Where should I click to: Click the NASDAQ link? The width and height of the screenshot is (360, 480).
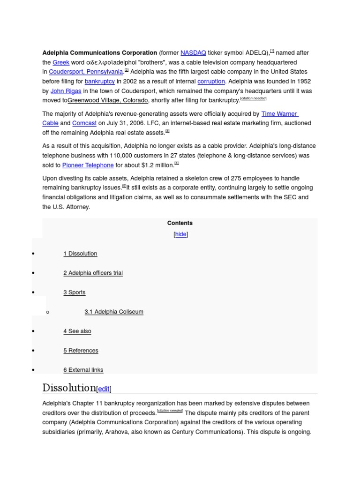pyautogui.click(x=193, y=53)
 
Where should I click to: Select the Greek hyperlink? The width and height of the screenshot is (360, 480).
pyautogui.click(x=61, y=62)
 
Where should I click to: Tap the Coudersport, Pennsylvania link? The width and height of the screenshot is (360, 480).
pyautogui.click(x=86, y=72)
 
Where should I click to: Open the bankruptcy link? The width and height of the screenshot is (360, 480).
pyautogui.click(x=99, y=82)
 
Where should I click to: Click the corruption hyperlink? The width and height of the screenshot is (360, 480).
pyautogui.click(x=211, y=82)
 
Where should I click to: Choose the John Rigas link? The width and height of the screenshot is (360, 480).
pyautogui.click(x=66, y=91)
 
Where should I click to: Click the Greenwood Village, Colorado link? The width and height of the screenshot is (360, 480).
pyautogui.click(x=108, y=101)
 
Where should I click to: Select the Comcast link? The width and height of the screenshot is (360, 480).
pyautogui.click(x=84, y=123)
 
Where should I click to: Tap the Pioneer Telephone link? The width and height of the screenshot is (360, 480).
pyautogui.click(x=88, y=165)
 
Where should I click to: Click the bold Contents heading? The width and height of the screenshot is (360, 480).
pyautogui.click(x=180, y=223)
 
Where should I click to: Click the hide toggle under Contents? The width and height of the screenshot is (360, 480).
pyautogui.click(x=181, y=234)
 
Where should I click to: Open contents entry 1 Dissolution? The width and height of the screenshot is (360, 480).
pyautogui.click(x=80, y=254)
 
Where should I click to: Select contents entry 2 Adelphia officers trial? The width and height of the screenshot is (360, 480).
pyautogui.click(x=93, y=273)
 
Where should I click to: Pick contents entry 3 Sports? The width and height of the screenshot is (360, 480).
pyautogui.click(x=75, y=292)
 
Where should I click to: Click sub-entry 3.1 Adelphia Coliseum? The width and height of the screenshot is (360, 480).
pyautogui.click(x=114, y=312)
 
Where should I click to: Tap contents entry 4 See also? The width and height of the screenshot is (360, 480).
pyautogui.click(x=77, y=331)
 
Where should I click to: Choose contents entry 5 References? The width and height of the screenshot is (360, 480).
pyautogui.click(x=81, y=351)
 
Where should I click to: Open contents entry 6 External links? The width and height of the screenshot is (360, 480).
pyautogui.click(x=83, y=370)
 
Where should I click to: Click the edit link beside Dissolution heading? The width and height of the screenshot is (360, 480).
pyautogui.click(x=104, y=389)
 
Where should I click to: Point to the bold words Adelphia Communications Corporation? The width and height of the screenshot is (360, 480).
pyautogui.click(x=99, y=53)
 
